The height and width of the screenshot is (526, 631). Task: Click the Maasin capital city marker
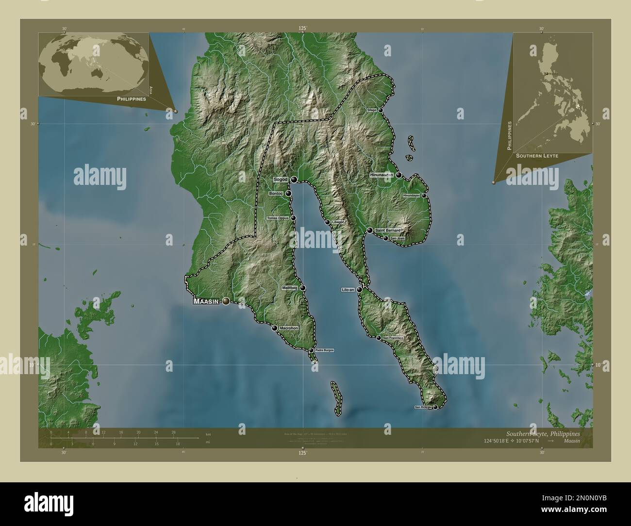click(x=226, y=302)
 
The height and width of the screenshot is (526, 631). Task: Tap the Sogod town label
click(x=281, y=180)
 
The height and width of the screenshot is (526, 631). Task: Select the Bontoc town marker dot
click(x=288, y=193)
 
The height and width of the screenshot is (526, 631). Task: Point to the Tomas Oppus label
click(x=278, y=218)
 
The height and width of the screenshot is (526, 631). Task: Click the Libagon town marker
click(x=328, y=222)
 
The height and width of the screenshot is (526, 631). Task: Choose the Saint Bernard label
click(x=386, y=230)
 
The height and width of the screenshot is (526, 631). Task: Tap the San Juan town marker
click(x=385, y=238)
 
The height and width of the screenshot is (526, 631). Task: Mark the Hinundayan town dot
click(x=424, y=196)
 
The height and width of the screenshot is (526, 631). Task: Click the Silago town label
click(x=372, y=110)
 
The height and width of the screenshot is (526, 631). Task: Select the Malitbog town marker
click(x=303, y=288)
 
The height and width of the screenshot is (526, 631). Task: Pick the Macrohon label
click(x=288, y=329)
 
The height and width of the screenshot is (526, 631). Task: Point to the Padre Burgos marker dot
click(x=311, y=350)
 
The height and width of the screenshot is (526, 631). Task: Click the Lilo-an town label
click(x=348, y=290)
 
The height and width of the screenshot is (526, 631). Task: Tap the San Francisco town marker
click(x=379, y=338)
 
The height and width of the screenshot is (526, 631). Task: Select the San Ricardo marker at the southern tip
click(x=435, y=407)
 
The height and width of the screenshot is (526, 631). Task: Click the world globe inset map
click(x=93, y=64)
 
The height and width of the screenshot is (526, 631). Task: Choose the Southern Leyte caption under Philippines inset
click(x=537, y=156)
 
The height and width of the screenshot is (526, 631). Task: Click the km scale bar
click(x=124, y=438)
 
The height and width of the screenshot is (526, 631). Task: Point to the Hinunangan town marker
click(x=399, y=175)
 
